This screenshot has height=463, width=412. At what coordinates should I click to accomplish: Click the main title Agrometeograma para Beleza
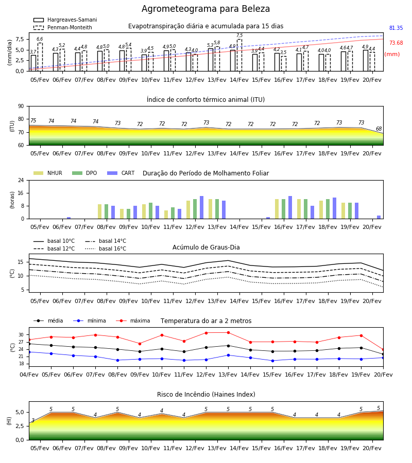pos(205,9)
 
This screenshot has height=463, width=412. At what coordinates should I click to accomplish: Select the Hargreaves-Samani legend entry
pos(65,20)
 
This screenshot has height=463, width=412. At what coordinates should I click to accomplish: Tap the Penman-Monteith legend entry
pos(63,27)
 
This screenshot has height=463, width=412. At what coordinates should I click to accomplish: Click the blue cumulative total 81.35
pos(396,28)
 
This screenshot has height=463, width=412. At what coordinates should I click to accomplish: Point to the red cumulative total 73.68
pos(396,43)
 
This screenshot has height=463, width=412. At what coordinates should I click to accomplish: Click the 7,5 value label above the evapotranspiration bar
pos(239,35)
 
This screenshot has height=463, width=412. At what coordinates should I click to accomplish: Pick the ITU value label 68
pos(379,129)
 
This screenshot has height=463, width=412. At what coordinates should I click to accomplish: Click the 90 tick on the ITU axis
pos(21,106)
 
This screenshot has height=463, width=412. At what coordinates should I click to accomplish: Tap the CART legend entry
pos(121,173)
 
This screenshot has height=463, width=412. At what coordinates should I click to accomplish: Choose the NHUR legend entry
pos(48,173)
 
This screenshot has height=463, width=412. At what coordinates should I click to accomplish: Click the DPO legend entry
pos(84,173)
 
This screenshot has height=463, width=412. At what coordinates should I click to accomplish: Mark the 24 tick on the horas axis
pos(21,181)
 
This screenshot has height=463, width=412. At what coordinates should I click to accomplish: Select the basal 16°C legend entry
pos(106,248)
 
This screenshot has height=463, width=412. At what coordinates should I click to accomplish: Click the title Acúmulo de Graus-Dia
pos(206,247)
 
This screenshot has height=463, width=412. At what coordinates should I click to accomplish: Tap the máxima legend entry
pos(133,320)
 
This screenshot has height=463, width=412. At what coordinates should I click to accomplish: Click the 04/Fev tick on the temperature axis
pos(29,375)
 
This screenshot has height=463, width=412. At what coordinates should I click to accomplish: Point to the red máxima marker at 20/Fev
pos(383,350)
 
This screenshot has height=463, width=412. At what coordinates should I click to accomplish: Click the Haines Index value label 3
pos(33,420)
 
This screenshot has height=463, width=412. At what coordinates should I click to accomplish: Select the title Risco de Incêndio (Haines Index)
pos(206,395)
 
